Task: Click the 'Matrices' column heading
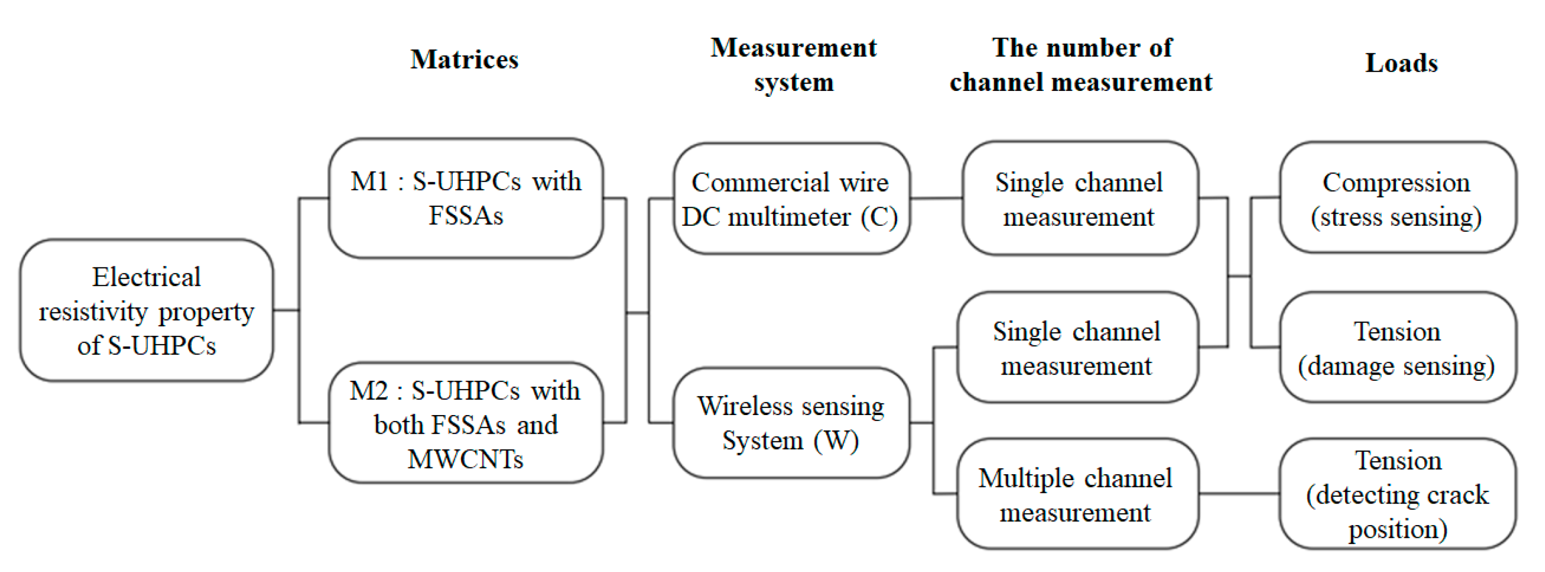point(464,59)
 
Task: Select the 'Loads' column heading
point(1401,63)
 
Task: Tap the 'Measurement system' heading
point(793,64)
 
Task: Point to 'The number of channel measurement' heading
point(1081,64)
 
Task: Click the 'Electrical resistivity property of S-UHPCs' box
point(146,310)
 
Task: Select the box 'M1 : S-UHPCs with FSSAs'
point(465,198)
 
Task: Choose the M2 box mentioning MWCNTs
point(465,423)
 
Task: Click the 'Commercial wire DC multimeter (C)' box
point(791,199)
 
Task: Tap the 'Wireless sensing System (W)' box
point(791,423)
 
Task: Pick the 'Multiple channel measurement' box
point(1077,494)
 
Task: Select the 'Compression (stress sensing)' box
point(1397,198)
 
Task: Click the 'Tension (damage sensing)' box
point(1397,348)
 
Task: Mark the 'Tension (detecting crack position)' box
point(1397,494)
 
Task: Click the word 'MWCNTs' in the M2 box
point(465,459)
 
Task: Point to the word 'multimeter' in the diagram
point(789,217)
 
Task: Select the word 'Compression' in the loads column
point(1396,182)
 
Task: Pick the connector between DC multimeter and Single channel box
point(936,198)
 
